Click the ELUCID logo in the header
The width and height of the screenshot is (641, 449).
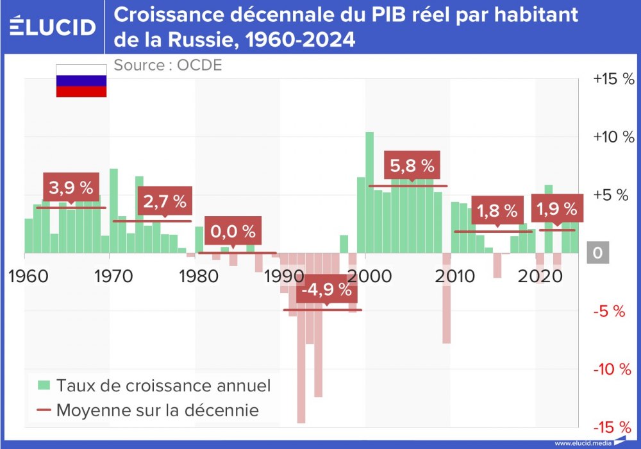(x=53, y=27)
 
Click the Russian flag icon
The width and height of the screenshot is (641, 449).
(x=81, y=81)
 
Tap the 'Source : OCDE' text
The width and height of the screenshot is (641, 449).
(x=167, y=65)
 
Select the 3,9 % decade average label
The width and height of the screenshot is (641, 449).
(x=71, y=188)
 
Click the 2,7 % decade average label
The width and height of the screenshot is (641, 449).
(x=164, y=201)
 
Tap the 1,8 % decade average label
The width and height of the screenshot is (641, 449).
(x=496, y=210)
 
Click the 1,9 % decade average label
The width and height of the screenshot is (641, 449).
(x=556, y=209)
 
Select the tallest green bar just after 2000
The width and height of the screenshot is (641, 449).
(x=370, y=192)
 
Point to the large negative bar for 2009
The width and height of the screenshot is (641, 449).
(x=446, y=298)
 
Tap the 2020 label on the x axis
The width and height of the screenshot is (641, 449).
(x=537, y=277)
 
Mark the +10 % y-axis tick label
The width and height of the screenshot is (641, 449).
(x=613, y=137)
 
